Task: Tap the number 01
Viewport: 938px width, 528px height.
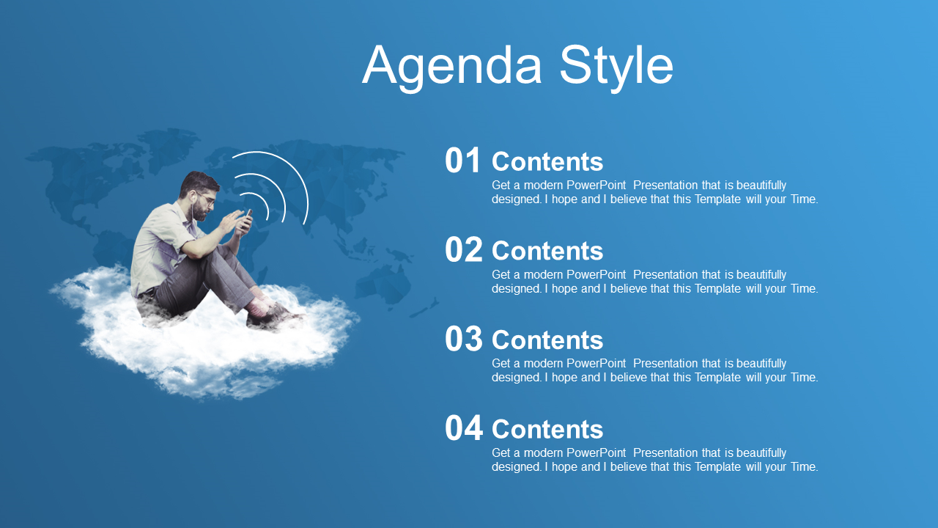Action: pyautogui.click(x=462, y=160)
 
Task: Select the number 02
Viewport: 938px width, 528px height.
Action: pyautogui.click(x=464, y=249)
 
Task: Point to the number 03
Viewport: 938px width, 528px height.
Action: pyautogui.click(x=464, y=339)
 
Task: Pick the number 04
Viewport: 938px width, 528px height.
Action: pyautogui.click(x=464, y=428)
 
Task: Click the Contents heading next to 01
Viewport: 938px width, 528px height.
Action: pyautogui.click(x=547, y=162)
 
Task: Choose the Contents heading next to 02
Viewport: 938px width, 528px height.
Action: pyautogui.click(x=547, y=251)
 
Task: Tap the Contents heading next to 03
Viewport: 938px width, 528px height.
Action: pyautogui.click(x=547, y=340)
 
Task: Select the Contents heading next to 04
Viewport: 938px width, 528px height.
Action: pyautogui.click(x=547, y=430)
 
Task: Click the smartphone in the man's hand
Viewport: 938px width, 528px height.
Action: pyautogui.click(x=247, y=219)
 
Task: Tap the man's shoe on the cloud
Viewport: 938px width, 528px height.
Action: pyautogui.click(x=272, y=316)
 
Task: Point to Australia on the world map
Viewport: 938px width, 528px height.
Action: pyautogui.click(x=383, y=284)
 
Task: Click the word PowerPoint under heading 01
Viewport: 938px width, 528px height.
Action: pyautogui.click(x=596, y=185)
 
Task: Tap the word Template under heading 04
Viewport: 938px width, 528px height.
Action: pyautogui.click(x=717, y=467)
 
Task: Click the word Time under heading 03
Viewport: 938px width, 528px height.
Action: pyautogui.click(x=804, y=377)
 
